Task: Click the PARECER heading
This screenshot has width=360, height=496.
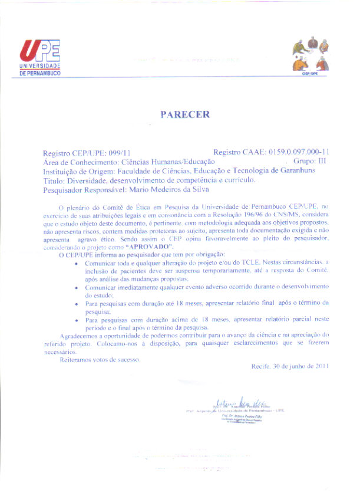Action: pos(184,114)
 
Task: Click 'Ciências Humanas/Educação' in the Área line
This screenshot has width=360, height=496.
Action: pos(167,161)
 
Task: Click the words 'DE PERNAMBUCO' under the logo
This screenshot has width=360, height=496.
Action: pos(40,74)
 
